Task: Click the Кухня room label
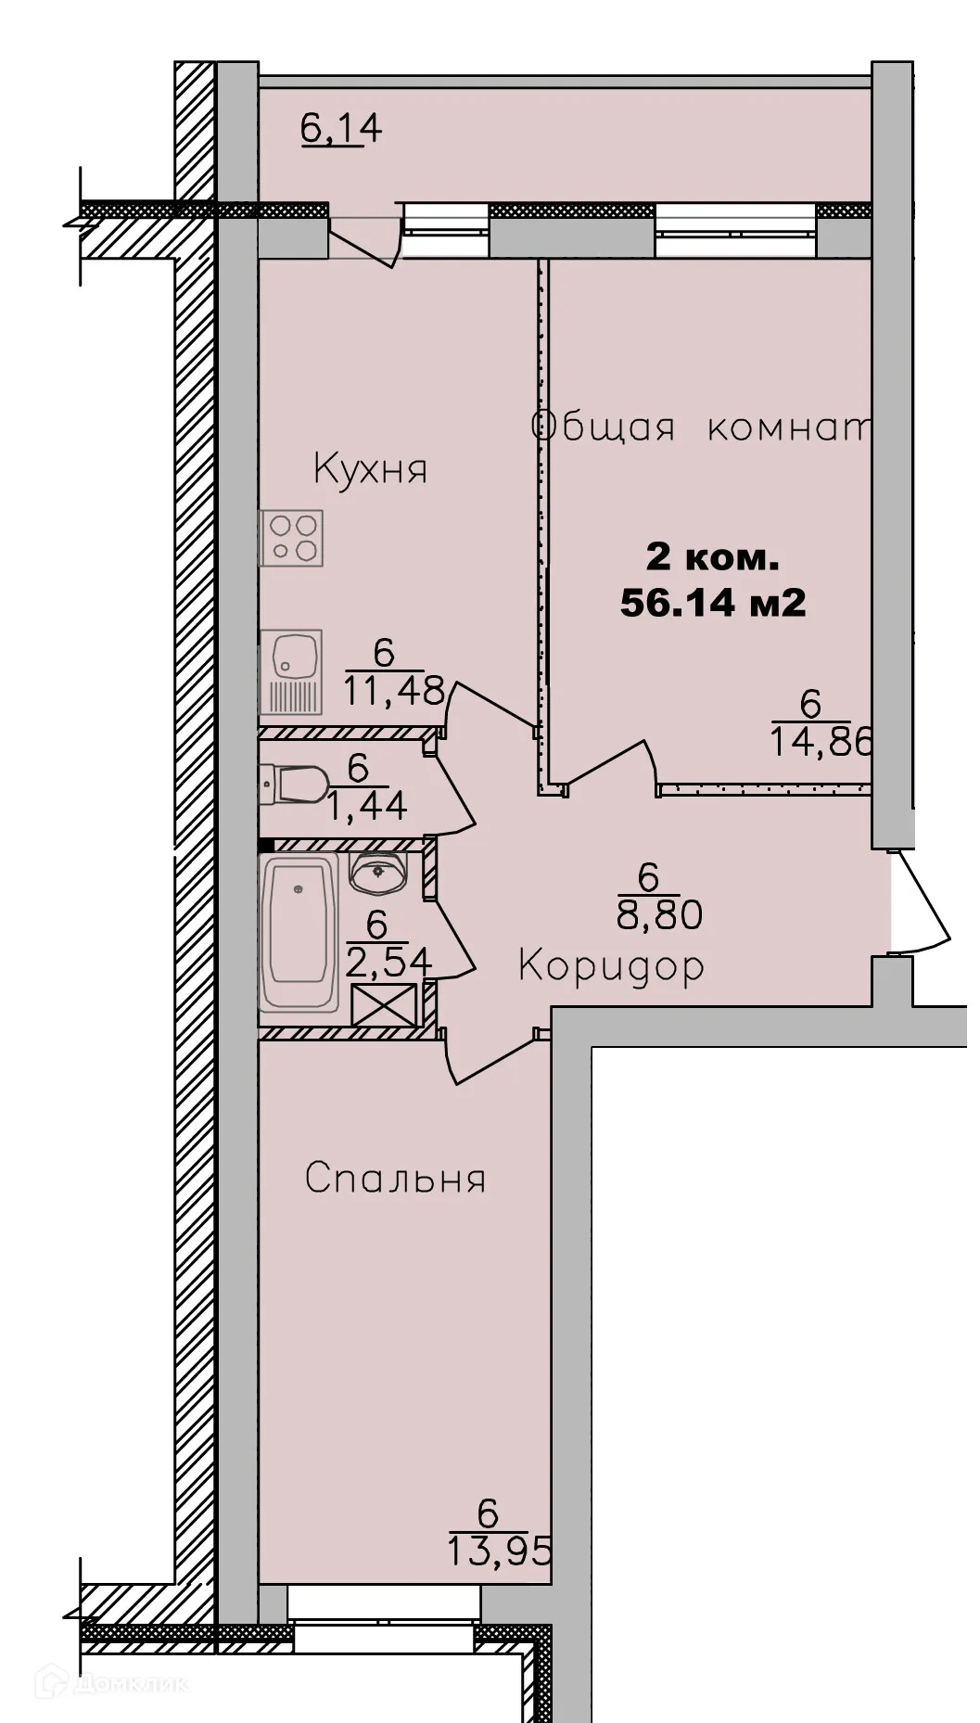click(370, 469)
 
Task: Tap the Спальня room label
click(395, 1179)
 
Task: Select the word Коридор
click(611, 966)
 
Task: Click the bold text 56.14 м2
click(713, 604)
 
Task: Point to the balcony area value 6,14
click(341, 129)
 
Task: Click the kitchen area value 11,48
click(394, 690)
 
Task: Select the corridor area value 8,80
click(659, 915)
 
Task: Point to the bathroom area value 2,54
click(388, 962)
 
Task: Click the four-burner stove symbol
click(291, 538)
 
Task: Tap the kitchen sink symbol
click(290, 671)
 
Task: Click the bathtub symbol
click(299, 932)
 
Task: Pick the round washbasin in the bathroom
click(377, 873)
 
